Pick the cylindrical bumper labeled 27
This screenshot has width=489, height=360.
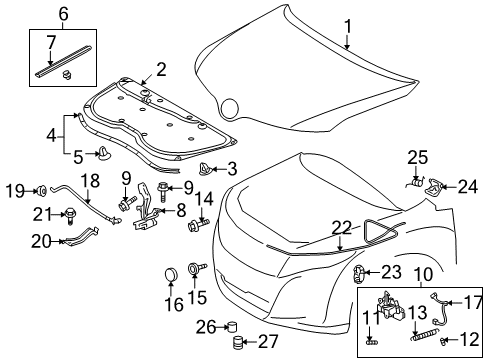[x=238, y=344]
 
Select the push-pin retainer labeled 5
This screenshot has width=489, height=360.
[x=103, y=154]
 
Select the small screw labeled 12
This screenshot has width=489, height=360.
[x=443, y=341]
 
